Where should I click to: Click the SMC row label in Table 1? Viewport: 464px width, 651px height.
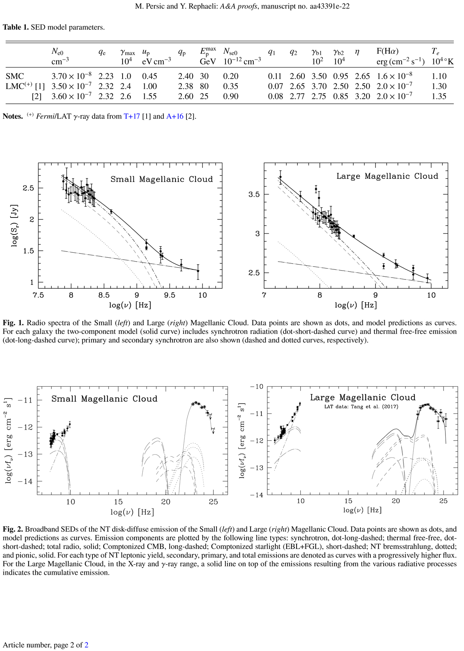15,76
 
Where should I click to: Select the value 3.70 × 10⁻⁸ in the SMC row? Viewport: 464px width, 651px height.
72,76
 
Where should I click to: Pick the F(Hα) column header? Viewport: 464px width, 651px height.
387,51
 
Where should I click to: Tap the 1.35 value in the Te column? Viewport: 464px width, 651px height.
439,96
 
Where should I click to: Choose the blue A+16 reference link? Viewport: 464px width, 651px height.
175,116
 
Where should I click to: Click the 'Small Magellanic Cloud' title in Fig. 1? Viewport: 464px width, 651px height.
162,179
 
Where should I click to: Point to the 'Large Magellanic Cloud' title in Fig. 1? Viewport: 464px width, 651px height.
387,176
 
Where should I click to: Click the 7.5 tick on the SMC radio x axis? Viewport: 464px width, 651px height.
38,295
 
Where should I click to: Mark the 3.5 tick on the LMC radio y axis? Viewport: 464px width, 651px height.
254,194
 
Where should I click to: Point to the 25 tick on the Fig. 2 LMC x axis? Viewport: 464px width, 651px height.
443,501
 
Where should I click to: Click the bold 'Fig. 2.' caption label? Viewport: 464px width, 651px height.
13,529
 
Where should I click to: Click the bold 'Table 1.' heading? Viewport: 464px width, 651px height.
15,27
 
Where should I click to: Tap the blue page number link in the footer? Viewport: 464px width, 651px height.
86,645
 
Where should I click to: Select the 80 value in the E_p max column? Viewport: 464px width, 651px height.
204,86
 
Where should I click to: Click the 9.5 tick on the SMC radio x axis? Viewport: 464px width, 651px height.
169,295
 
